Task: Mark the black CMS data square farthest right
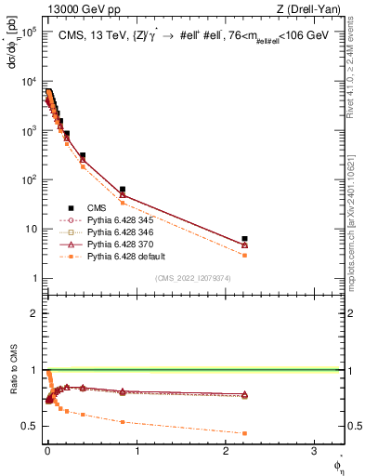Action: (244, 239)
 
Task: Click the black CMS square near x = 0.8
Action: (123, 190)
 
